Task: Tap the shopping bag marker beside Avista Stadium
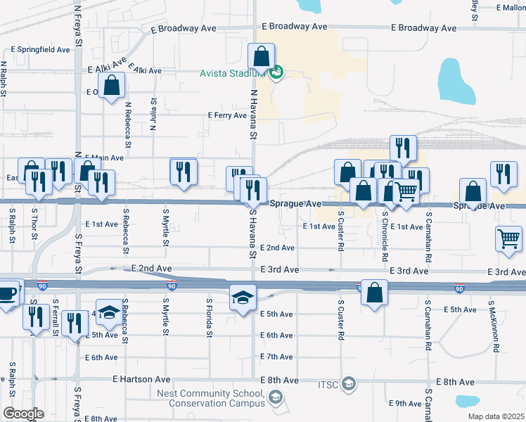click(261, 58)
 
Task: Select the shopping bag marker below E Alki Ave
click(113, 87)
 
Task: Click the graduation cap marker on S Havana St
click(243, 298)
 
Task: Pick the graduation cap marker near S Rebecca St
click(109, 313)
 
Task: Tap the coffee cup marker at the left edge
click(6, 293)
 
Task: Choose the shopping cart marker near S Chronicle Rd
click(406, 191)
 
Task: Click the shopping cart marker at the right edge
click(508, 238)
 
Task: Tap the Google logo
click(23, 414)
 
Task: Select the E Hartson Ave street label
click(141, 378)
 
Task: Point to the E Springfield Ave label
click(41, 50)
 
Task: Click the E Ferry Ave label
click(227, 115)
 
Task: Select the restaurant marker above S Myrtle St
click(183, 172)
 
